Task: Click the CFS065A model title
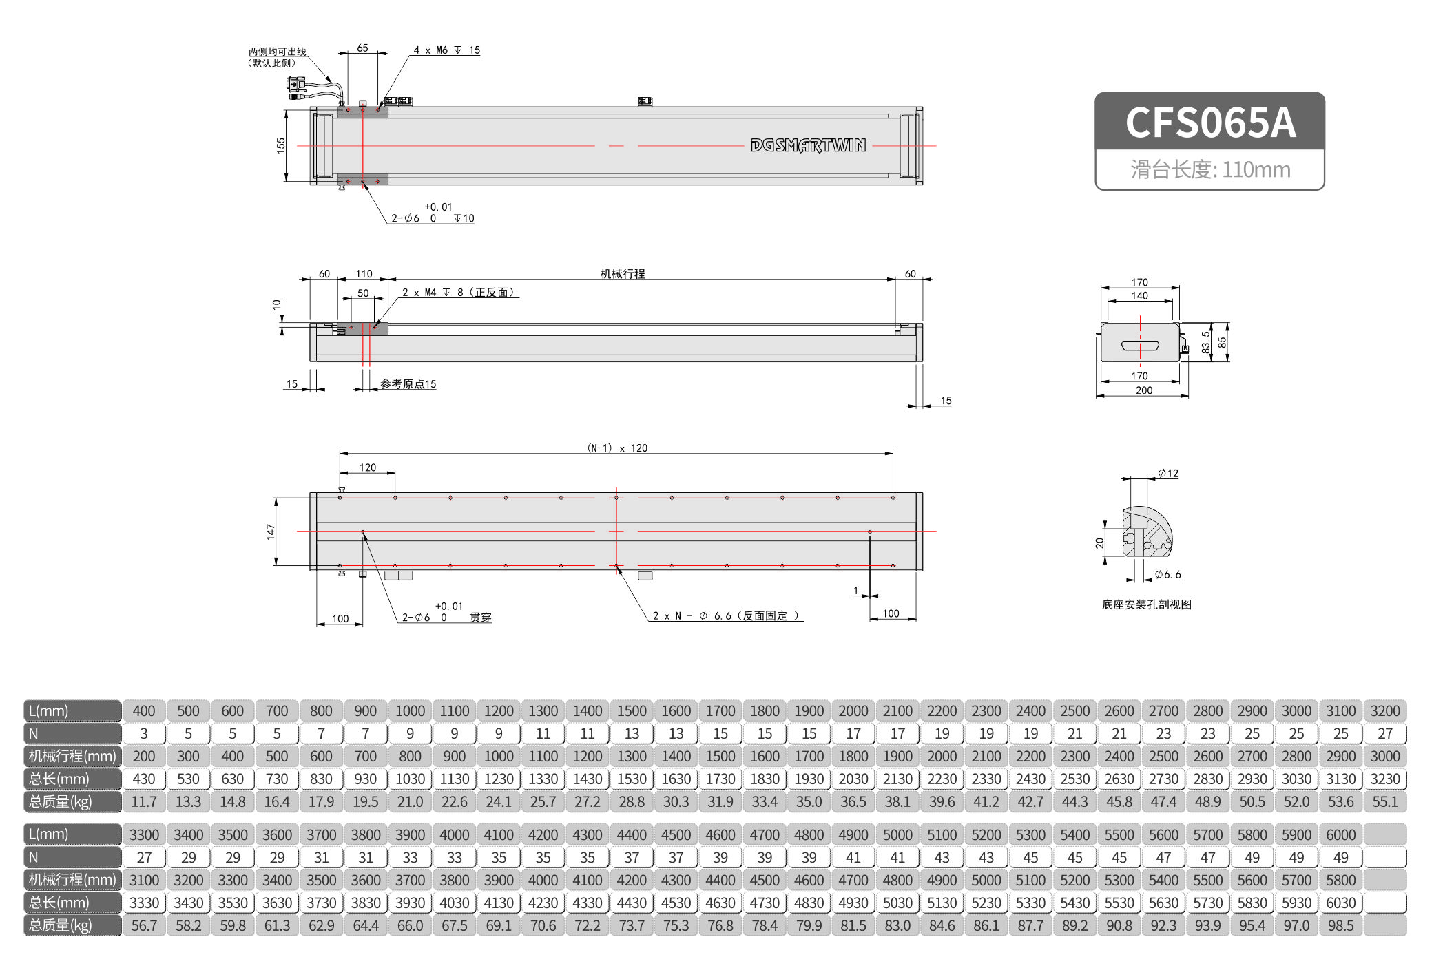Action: [1209, 123]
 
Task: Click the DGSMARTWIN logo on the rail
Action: [808, 145]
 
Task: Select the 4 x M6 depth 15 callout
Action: [446, 50]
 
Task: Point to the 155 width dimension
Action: [280, 145]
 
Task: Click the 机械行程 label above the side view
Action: [622, 273]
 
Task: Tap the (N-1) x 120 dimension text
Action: [617, 448]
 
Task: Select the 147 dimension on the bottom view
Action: [270, 531]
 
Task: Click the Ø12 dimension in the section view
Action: [1168, 473]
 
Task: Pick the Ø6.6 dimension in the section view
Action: [1168, 574]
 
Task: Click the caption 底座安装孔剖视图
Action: [1146, 604]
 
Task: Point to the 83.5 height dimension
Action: [1205, 342]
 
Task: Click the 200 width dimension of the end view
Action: [1143, 390]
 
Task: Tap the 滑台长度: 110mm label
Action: [1209, 169]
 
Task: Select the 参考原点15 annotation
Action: [408, 384]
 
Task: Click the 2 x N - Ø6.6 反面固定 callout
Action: [726, 615]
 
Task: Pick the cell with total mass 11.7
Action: [144, 801]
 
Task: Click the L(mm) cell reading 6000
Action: [1340, 834]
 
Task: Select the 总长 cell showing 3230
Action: [1384, 779]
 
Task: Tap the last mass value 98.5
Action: [1340, 925]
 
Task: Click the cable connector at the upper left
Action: [297, 85]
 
